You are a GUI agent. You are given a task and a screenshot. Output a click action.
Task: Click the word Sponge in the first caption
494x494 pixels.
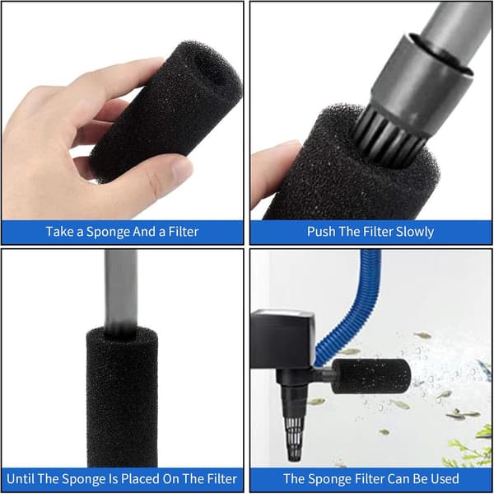[108, 232]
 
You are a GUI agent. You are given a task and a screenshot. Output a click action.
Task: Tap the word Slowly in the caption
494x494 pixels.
[415, 232]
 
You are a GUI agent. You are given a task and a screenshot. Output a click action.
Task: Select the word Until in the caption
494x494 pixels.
[20, 479]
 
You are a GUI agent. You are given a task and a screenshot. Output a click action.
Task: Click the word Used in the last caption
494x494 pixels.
[445, 479]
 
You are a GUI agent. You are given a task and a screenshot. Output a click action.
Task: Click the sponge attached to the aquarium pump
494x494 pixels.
[371, 376]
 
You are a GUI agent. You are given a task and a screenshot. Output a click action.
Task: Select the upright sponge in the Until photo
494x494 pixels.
[122, 397]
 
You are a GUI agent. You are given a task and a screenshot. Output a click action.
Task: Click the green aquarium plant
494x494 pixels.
[472, 449]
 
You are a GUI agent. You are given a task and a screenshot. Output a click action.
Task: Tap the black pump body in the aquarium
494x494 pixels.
[282, 339]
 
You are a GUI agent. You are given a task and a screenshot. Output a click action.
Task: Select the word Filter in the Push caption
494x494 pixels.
[376, 232]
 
